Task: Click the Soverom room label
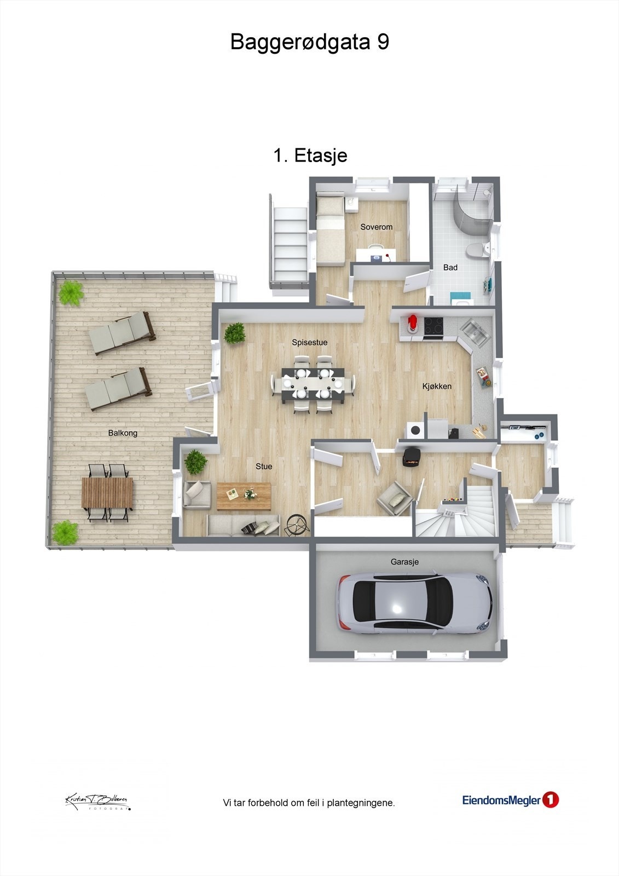click(x=376, y=227)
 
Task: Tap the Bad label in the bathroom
click(x=450, y=267)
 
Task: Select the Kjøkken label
click(x=437, y=386)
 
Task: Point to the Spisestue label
click(x=309, y=342)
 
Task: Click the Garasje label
click(x=404, y=562)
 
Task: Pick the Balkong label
click(x=123, y=433)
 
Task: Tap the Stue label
click(x=264, y=466)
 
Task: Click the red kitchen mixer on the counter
click(x=413, y=324)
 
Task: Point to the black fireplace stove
click(x=412, y=457)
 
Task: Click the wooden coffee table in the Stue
click(x=244, y=495)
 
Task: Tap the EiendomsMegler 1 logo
click(x=510, y=800)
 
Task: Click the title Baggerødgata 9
click(x=309, y=42)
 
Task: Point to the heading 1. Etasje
click(x=310, y=155)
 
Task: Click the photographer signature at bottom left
click(x=97, y=801)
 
